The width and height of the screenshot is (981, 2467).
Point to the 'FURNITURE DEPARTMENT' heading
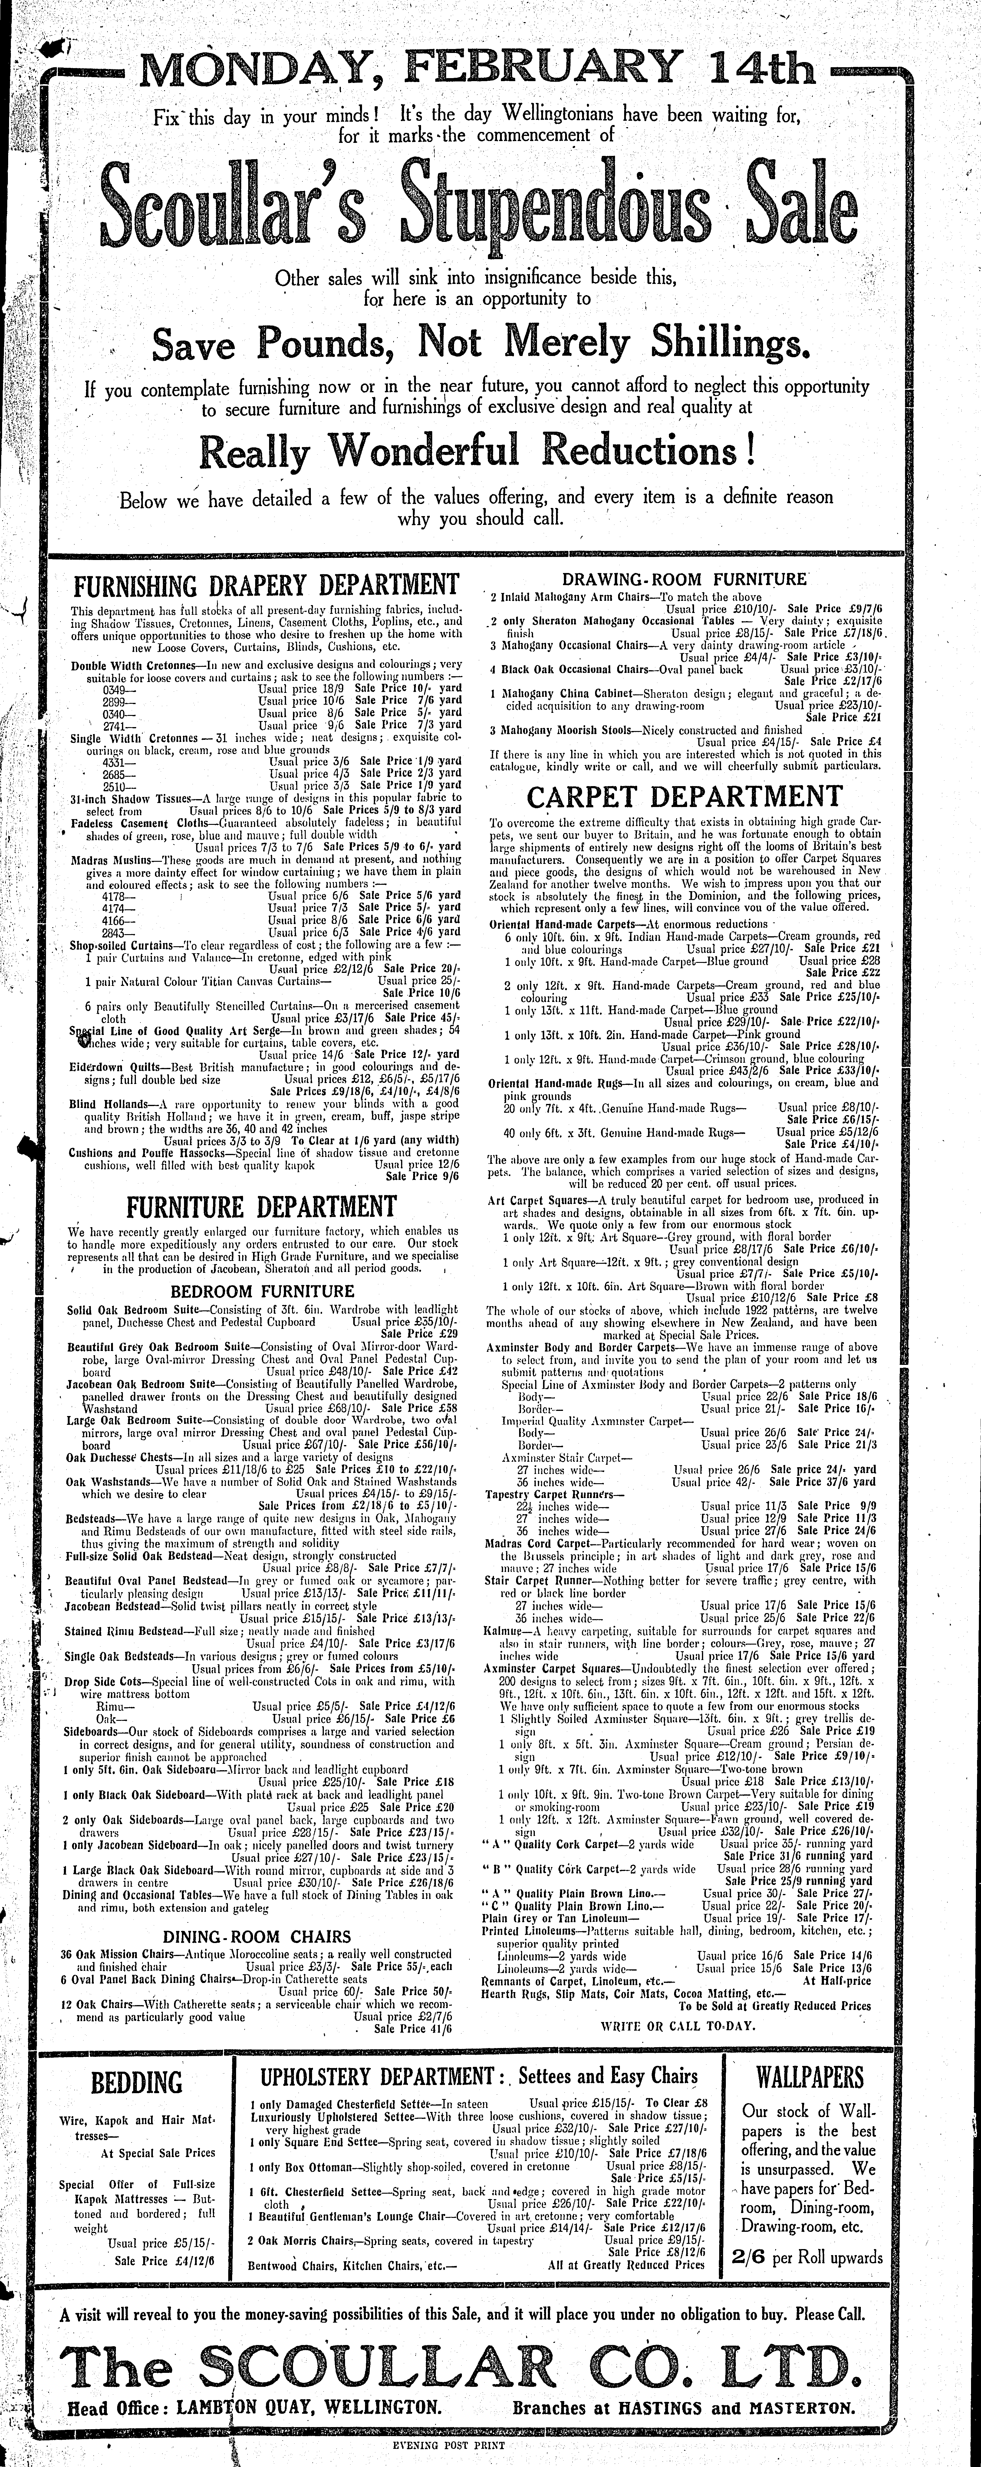pos(262,1206)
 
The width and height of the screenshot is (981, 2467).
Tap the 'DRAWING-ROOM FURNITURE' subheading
pos(684,578)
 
